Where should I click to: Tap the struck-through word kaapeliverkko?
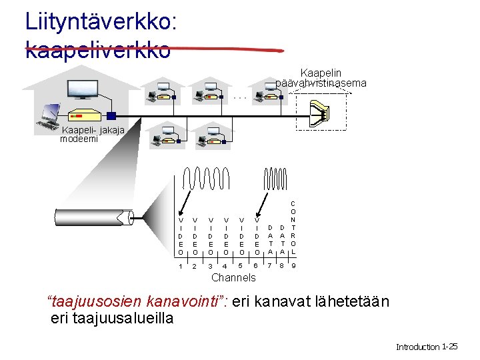(97, 49)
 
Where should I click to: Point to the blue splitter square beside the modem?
(111, 115)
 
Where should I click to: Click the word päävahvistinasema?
(321, 83)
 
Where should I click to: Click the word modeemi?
(79, 139)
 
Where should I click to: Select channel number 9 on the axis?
(294, 267)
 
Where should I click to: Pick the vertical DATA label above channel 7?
(270, 239)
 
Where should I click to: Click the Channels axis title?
(233, 277)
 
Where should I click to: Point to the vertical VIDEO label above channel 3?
(211, 235)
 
